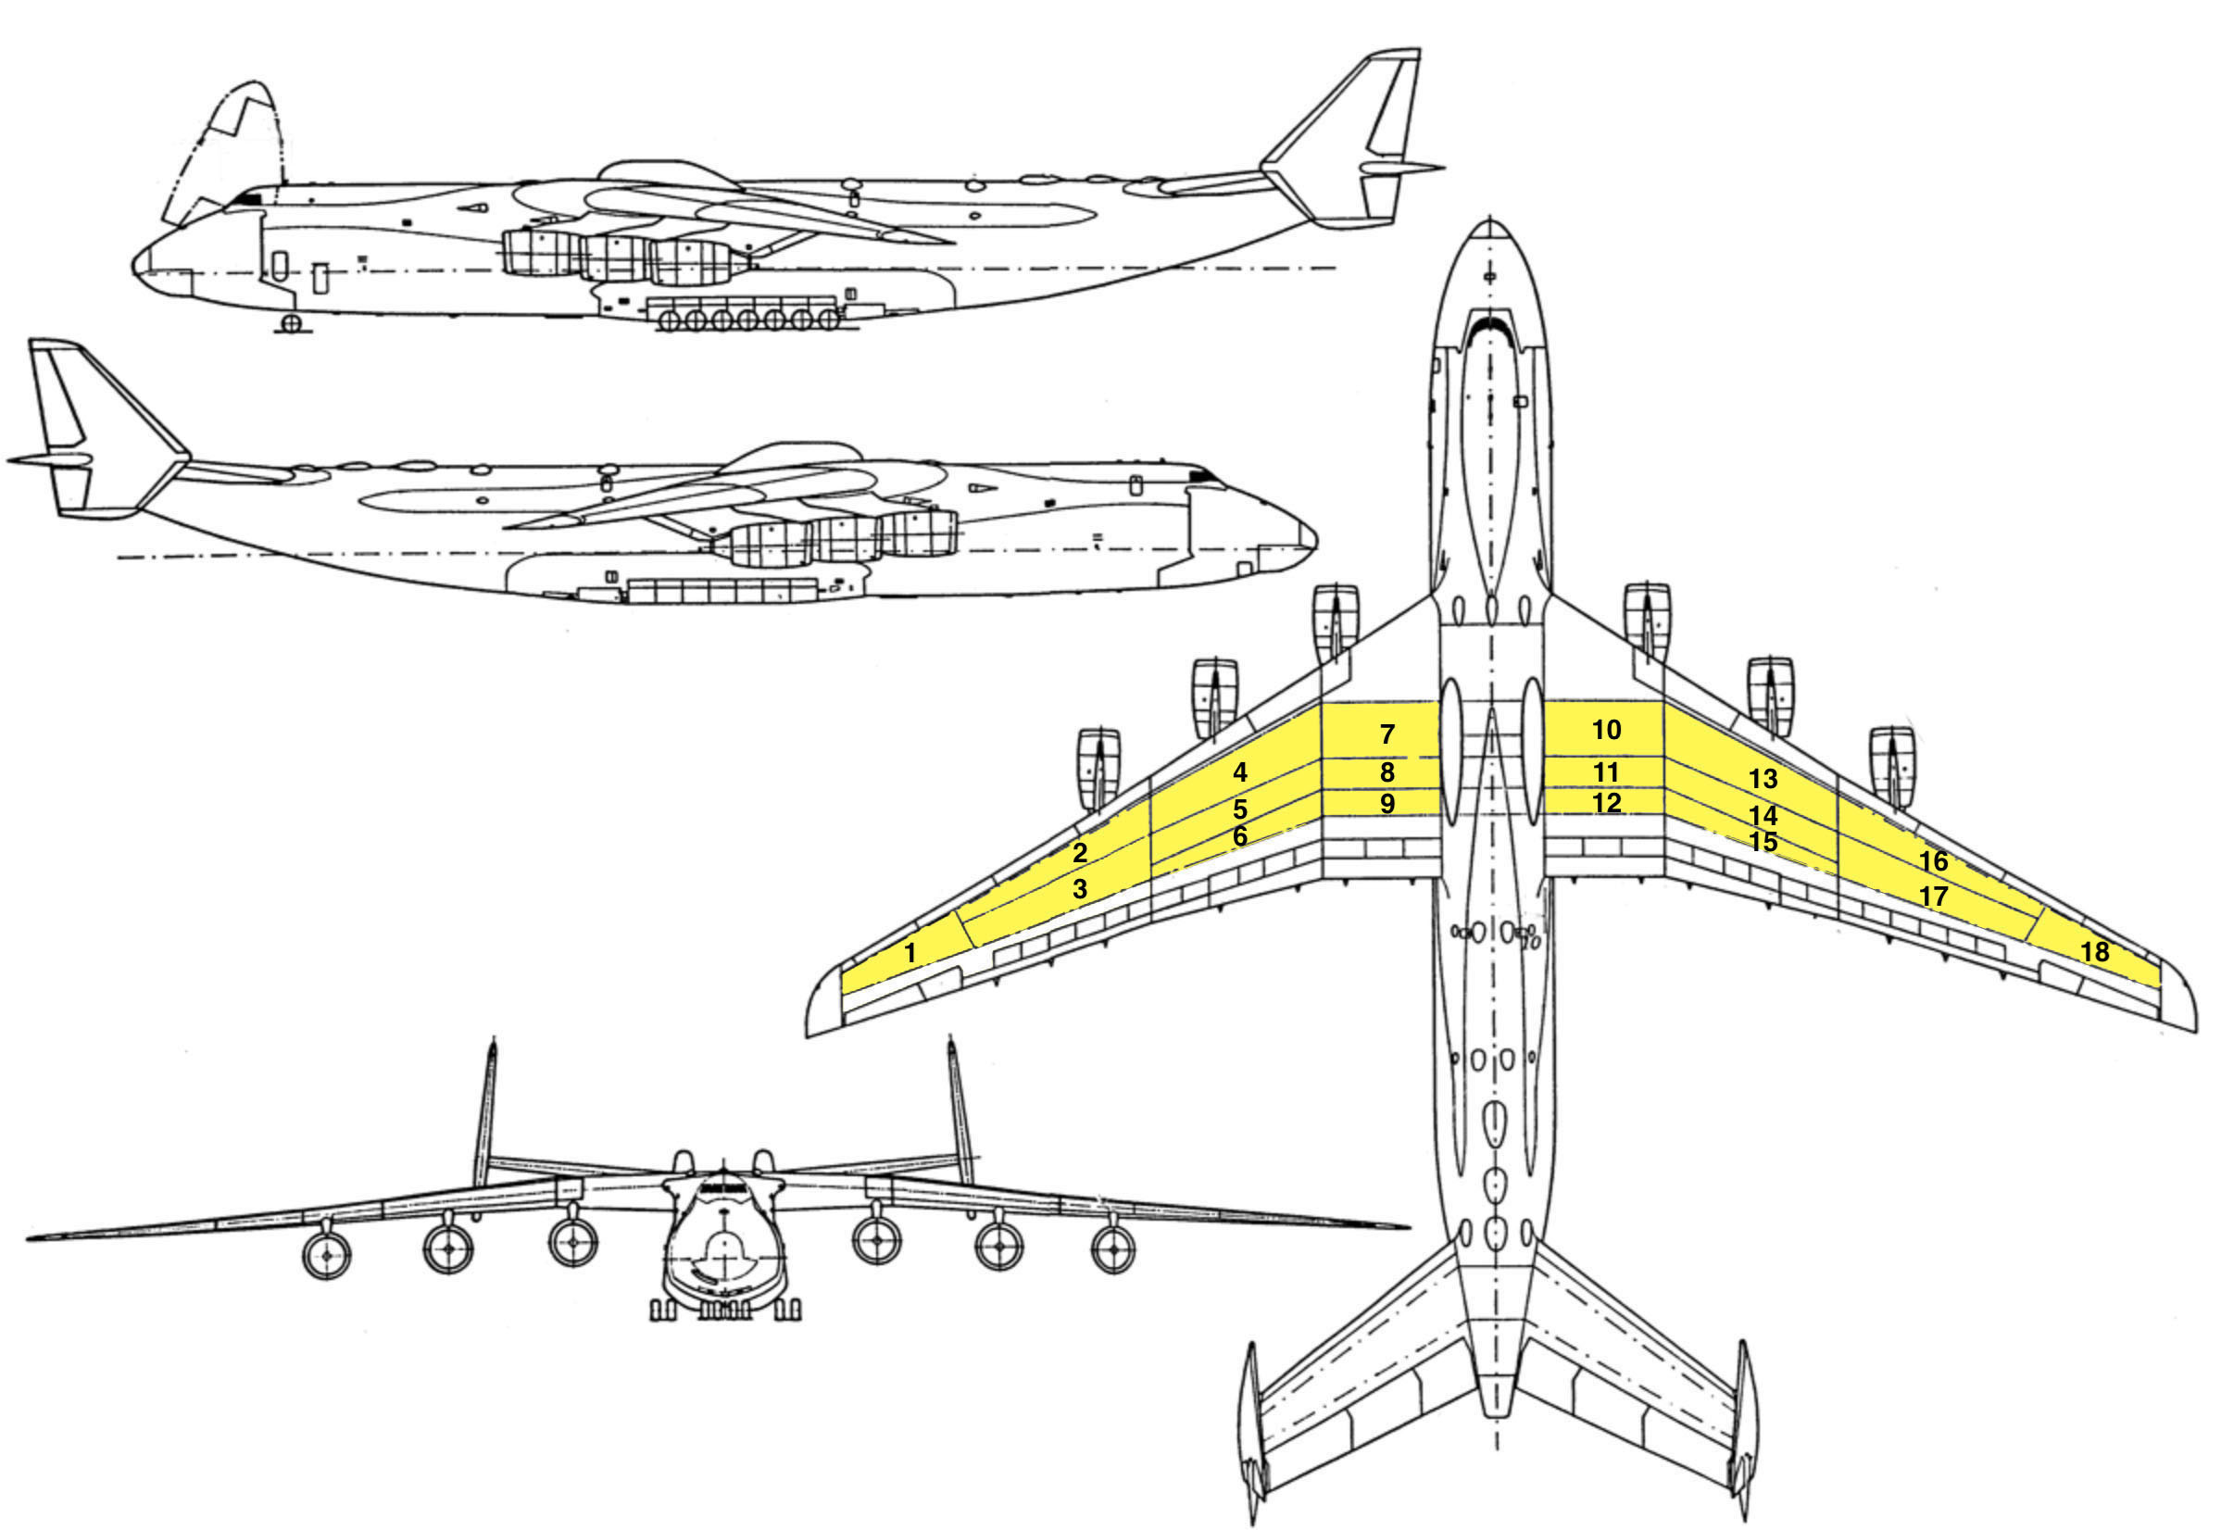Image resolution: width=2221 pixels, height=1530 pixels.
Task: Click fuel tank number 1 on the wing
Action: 910,953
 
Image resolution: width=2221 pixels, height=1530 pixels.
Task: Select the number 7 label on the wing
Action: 1387,734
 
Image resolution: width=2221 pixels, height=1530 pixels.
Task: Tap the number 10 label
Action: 1607,731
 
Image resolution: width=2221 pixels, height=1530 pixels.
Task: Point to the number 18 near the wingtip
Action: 2095,951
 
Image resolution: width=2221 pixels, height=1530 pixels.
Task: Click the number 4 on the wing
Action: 1239,771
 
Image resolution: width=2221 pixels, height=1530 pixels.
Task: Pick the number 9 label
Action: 1387,804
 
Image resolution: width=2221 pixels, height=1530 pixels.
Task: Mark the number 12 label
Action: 1607,802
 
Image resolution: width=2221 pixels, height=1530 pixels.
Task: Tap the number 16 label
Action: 1934,861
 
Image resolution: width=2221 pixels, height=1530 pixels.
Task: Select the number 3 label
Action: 1080,889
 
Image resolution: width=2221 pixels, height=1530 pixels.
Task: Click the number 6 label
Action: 1239,836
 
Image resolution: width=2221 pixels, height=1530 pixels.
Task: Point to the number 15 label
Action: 1763,842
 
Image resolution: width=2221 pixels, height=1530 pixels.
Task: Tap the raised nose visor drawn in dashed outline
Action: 230,144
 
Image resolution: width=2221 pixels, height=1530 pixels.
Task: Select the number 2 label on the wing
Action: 1080,852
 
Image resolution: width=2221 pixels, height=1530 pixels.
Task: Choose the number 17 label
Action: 1934,897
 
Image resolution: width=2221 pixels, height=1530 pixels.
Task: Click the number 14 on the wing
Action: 1763,816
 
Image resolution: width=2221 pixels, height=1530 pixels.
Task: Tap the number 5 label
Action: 1239,809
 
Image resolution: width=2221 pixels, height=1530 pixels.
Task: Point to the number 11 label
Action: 1607,771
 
